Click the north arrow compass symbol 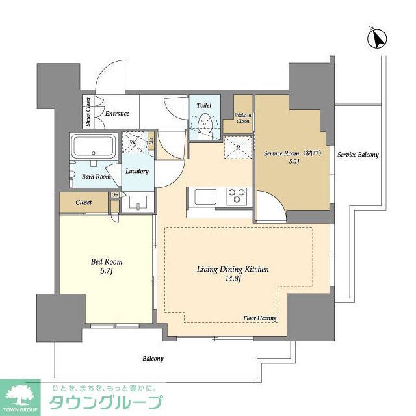coord(376,38)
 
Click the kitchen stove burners coord(235,194)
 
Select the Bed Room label coord(107,262)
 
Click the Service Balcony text coord(357,155)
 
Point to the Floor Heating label coord(261,318)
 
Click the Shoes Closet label coord(87,112)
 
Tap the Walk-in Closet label coord(242,118)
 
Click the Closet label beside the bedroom coord(84,203)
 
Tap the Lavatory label coord(137,172)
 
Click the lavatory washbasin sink coord(138,204)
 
